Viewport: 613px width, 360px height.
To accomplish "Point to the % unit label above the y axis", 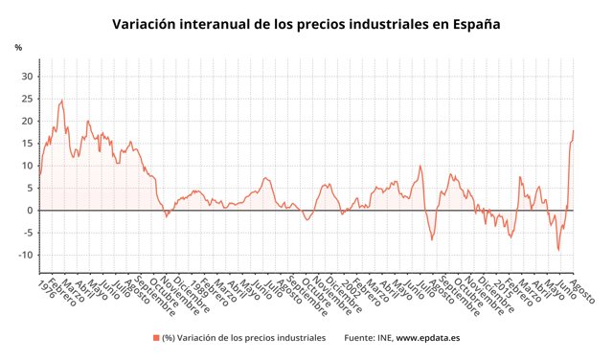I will click(17, 47).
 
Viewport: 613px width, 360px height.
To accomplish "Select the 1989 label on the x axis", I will click(195, 287).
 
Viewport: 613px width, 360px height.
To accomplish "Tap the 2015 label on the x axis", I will click(503, 287).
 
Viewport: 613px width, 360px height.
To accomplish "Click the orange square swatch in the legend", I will click(156, 338).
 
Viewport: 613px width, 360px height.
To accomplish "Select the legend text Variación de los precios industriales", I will click(251, 338).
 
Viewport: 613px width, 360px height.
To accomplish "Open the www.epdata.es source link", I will click(430, 338).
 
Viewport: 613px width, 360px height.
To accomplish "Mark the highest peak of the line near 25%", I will click(62, 100).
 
